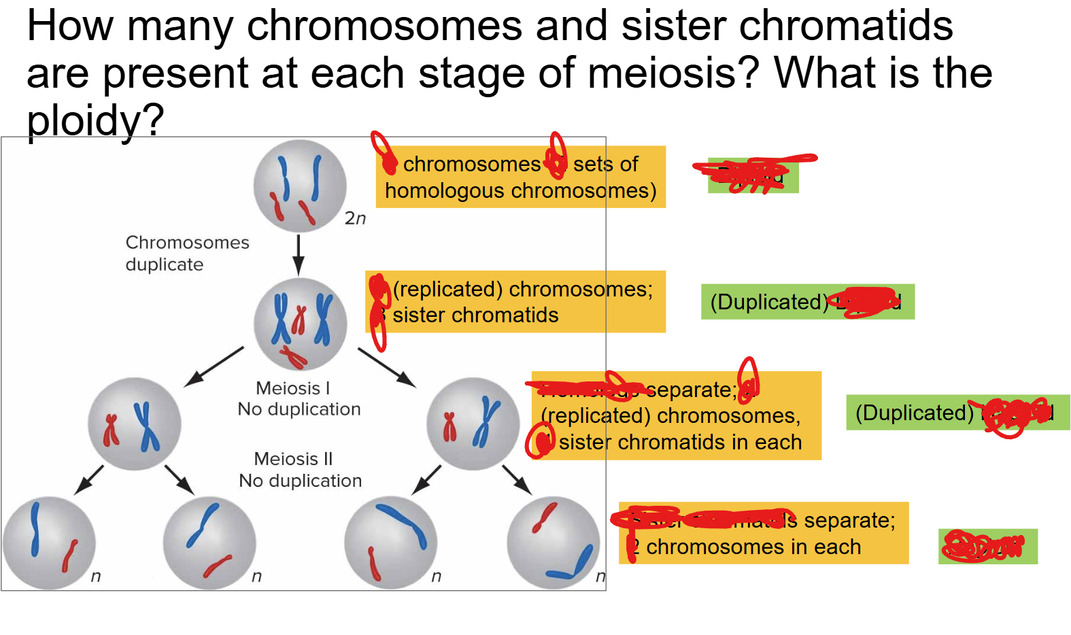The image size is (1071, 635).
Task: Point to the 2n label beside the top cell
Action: click(x=355, y=218)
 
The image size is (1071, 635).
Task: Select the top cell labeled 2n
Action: click(x=300, y=186)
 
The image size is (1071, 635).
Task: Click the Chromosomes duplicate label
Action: click(x=187, y=253)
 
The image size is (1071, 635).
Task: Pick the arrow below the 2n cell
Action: click(x=299, y=255)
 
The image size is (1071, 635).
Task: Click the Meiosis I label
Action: click(x=292, y=388)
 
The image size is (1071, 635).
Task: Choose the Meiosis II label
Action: click(x=293, y=459)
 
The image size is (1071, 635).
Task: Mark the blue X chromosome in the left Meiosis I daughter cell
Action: click(x=146, y=426)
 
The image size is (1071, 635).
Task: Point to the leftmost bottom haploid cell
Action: click(x=49, y=543)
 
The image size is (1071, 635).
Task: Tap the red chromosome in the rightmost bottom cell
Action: click(x=545, y=517)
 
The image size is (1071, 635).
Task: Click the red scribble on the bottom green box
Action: click(x=985, y=546)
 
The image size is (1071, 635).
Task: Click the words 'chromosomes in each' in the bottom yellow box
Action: click(x=753, y=547)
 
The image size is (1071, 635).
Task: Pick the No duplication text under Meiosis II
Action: click(x=300, y=481)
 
